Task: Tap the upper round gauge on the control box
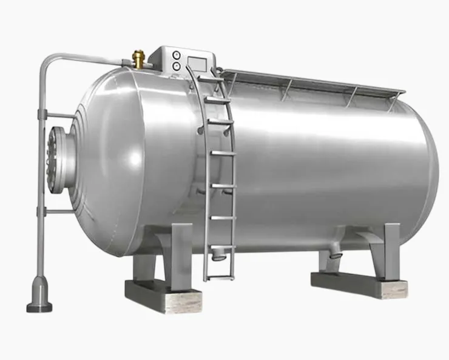coord(176,53)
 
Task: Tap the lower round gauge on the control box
coord(176,64)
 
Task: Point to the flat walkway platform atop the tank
coord(309,83)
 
